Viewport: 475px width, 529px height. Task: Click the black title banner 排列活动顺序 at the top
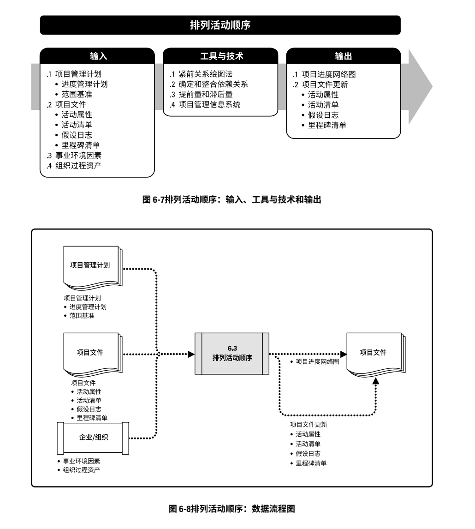(x=220, y=25)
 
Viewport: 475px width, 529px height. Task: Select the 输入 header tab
(x=97, y=56)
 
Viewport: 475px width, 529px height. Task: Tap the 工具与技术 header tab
(x=221, y=56)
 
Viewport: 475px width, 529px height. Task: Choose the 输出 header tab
(x=344, y=56)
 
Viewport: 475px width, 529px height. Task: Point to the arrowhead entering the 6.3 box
(x=191, y=354)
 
